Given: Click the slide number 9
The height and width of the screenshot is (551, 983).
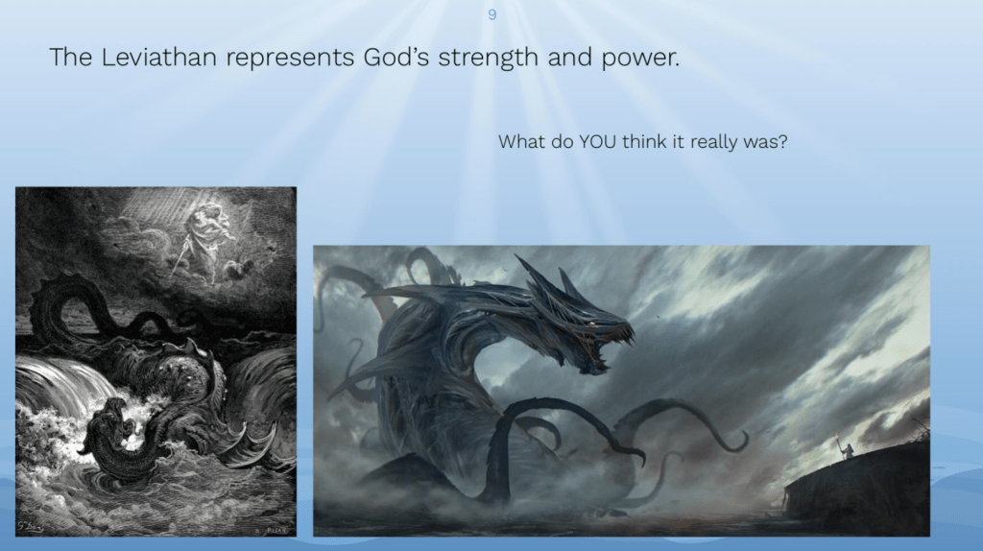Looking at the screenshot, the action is tap(492, 14).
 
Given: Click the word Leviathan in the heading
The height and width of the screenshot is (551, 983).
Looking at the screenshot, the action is tap(158, 57).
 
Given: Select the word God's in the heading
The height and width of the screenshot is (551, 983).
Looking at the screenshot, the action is tap(396, 57).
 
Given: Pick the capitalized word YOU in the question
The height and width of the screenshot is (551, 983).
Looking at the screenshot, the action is tap(597, 142).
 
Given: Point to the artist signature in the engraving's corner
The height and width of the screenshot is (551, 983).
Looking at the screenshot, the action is tap(30, 526).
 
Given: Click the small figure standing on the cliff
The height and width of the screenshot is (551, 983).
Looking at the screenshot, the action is tap(847, 450).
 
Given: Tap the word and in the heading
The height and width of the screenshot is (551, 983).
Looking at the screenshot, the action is tap(569, 57).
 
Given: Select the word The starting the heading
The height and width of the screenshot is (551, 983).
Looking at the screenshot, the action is tap(71, 57).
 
